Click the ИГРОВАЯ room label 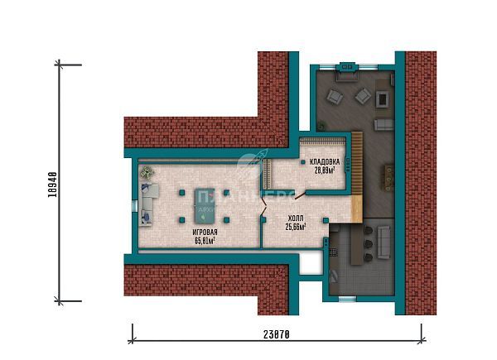pyautogui.click(x=205, y=233)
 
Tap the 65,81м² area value pyautogui.click(x=205, y=242)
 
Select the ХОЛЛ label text pyautogui.click(x=295, y=218)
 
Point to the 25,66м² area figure pyautogui.click(x=296, y=226)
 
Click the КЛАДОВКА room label pyautogui.click(x=324, y=161)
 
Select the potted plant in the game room pyautogui.click(x=147, y=172)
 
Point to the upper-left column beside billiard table pyautogui.click(x=180, y=192)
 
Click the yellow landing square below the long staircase pyautogui.click(x=357, y=209)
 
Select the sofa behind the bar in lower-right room pyautogui.click(x=384, y=242)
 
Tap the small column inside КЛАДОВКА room pyautogui.click(x=303, y=162)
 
